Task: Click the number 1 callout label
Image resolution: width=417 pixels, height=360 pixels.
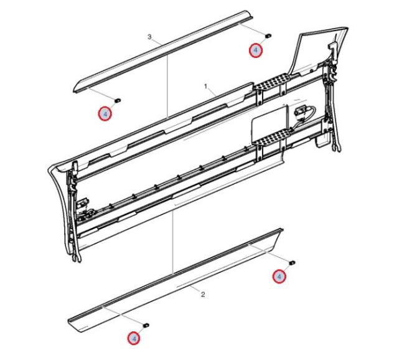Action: [205, 87]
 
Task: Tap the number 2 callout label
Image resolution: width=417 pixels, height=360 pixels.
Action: [203, 295]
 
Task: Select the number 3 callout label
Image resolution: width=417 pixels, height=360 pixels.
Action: [149, 37]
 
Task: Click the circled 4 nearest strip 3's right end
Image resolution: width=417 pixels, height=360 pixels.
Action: [256, 50]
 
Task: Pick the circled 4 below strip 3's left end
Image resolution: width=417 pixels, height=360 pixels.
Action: [105, 114]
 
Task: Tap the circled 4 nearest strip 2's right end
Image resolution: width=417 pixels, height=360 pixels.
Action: [279, 277]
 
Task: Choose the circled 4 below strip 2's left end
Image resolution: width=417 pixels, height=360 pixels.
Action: [134, 338]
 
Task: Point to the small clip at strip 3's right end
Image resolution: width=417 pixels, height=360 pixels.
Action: [268, 35]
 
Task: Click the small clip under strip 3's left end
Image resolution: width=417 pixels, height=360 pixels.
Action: [118, 100]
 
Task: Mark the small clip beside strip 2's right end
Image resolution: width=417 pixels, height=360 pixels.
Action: [292, 263]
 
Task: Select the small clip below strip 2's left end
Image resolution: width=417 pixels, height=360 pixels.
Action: [146, 325]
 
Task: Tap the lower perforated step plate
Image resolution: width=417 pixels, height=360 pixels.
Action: [271, 137]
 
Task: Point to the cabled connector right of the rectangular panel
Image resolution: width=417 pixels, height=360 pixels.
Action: [304, 112]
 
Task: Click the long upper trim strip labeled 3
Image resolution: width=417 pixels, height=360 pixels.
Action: [163, 51]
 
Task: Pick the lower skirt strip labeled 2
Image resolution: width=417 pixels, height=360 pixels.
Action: [176, 280]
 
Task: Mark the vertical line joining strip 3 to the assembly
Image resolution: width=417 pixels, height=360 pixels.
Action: [167, 86]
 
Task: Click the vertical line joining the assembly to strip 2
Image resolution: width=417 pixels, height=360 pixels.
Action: [173, 241]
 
